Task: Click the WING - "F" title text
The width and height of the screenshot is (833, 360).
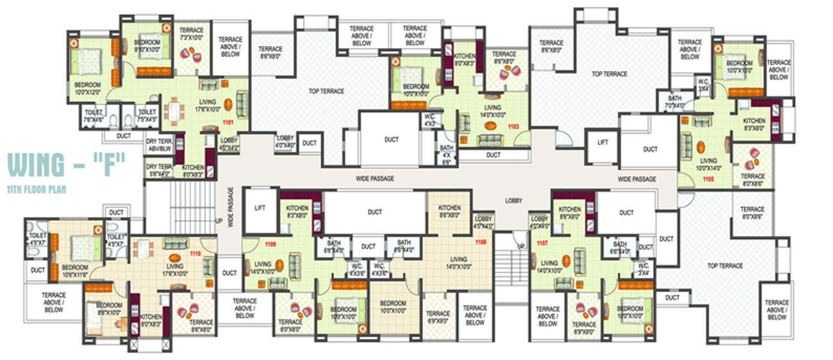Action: [x=66, y=164]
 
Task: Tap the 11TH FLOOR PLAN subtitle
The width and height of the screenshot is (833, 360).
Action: [x=37, y=190]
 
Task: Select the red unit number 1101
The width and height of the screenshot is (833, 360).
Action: [x=229, y=122]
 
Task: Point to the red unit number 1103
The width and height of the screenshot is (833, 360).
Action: [x=513, y=127]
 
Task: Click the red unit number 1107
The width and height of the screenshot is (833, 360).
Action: [x=542, y=243]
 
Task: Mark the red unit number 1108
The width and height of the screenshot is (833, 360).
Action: [x=481, y=242]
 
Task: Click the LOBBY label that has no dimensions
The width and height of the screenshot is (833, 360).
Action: [x=513, y=200]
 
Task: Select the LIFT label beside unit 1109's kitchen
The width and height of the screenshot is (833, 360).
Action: [x=260, y=208]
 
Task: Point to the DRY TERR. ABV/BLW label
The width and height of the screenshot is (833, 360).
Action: [x=160, y=143]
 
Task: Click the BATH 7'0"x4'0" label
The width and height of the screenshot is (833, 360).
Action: [x=673, y=102]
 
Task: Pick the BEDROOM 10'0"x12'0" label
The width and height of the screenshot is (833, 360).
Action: [x=87, y=88]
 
